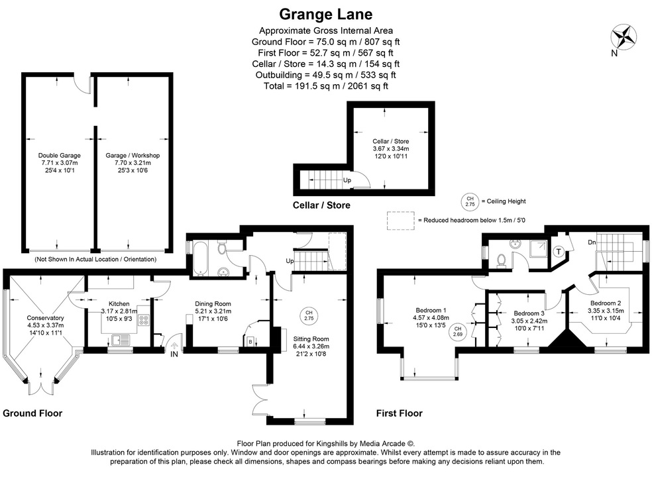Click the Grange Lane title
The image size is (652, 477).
(325, 14)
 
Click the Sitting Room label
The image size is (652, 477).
(311, 339)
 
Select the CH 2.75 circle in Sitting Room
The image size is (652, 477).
(308, 315)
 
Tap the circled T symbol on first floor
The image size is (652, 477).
(559, 252)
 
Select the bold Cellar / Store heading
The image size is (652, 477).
(321, 205)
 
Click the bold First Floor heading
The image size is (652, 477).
(399, 413)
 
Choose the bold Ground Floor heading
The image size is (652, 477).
(32, 413)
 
